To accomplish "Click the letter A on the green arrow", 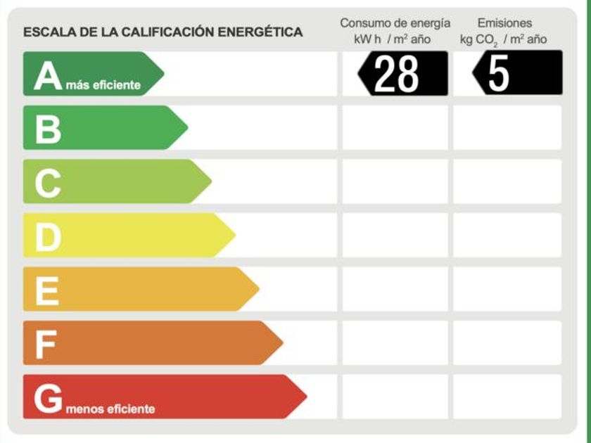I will point(48,75).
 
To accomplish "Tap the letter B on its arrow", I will point(48,129).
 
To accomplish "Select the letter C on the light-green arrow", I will point(48,183).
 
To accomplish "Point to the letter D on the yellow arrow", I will point(48,237).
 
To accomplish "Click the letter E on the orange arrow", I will point(47,290).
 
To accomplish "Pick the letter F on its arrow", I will point(46,345).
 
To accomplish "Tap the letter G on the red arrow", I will point(48,399).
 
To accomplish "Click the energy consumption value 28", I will point(397,73).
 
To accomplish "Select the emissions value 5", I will point(499,73).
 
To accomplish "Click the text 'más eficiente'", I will point(103,86).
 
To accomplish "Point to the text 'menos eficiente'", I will point(110,409).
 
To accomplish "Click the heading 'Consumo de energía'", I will point(395,23).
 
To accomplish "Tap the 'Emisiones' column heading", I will point(504,23).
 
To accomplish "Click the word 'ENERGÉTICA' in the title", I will point(260,32).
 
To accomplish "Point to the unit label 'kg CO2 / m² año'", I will point(503,39).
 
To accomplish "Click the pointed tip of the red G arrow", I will point(305,397).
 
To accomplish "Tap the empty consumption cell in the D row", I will point(395,236).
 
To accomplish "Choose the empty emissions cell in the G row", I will point(507,397).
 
